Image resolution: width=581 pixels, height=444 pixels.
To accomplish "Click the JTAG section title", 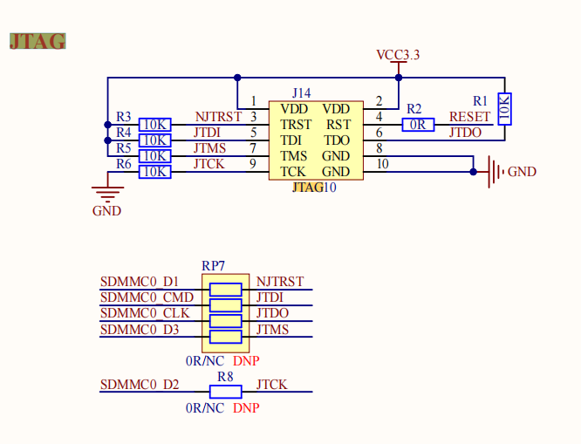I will pos(38,40).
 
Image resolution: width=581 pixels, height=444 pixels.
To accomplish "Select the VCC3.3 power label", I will pos(398,55).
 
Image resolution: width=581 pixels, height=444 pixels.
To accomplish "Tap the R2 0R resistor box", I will pos(419,125).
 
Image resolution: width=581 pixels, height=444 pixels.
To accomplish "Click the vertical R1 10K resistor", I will pos(504,108).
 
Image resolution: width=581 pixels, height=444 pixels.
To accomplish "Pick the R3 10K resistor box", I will pos(155,125).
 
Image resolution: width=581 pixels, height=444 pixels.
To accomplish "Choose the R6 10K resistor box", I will pos(155,172).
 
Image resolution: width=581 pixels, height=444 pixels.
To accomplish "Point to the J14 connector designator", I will pos(301,92).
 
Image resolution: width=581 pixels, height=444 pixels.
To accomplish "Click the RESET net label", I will pos(469,117).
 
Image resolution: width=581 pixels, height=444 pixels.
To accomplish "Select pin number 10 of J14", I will pos(382,164).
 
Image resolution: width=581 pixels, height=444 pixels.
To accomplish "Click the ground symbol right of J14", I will pos(495,172).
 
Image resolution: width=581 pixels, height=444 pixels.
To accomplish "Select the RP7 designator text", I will pos(214,265).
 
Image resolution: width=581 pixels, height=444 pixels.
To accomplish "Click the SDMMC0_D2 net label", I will pos(140,385).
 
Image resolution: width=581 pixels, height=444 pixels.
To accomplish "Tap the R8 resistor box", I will pos(226,392).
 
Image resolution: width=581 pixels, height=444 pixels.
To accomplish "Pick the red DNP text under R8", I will pos(246,408).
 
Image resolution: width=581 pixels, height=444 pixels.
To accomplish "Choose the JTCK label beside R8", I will pos(271,385).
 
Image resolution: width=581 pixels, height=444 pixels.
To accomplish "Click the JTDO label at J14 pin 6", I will pos(465,133).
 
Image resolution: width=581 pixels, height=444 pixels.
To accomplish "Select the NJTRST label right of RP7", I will pos(280,282).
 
